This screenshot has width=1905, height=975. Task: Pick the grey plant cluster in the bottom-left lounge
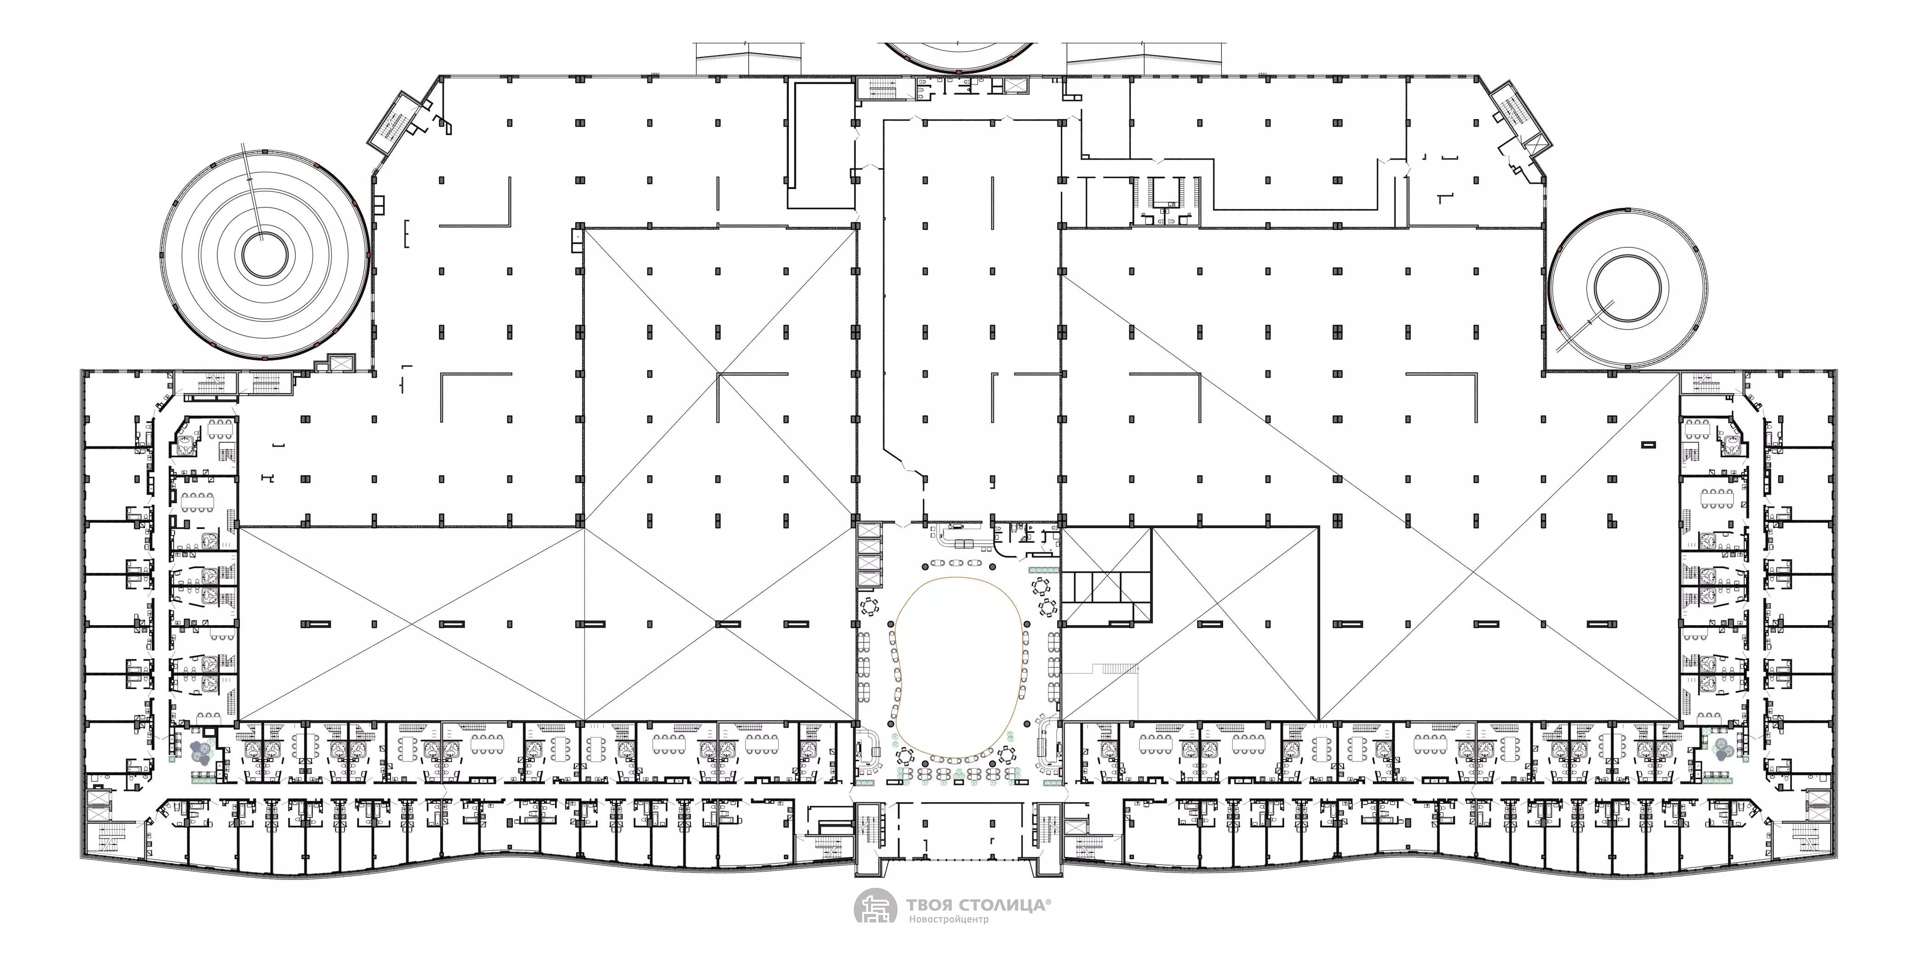(202, 752)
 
